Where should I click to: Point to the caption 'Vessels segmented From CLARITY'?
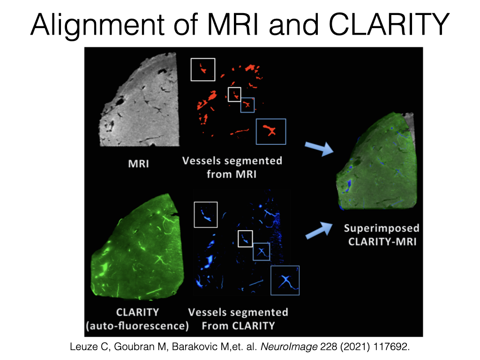pyautogui.click(x=238, y=318)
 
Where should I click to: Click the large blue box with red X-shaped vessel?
pyautogui.click(x=270, y=131)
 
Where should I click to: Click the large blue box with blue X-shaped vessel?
pyautogui.click(x=285, y=280)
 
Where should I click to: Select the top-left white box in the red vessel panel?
pyautogui.click(x=202, y=69)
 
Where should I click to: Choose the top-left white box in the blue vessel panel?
pyautogui.click(x=205, y=215)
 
